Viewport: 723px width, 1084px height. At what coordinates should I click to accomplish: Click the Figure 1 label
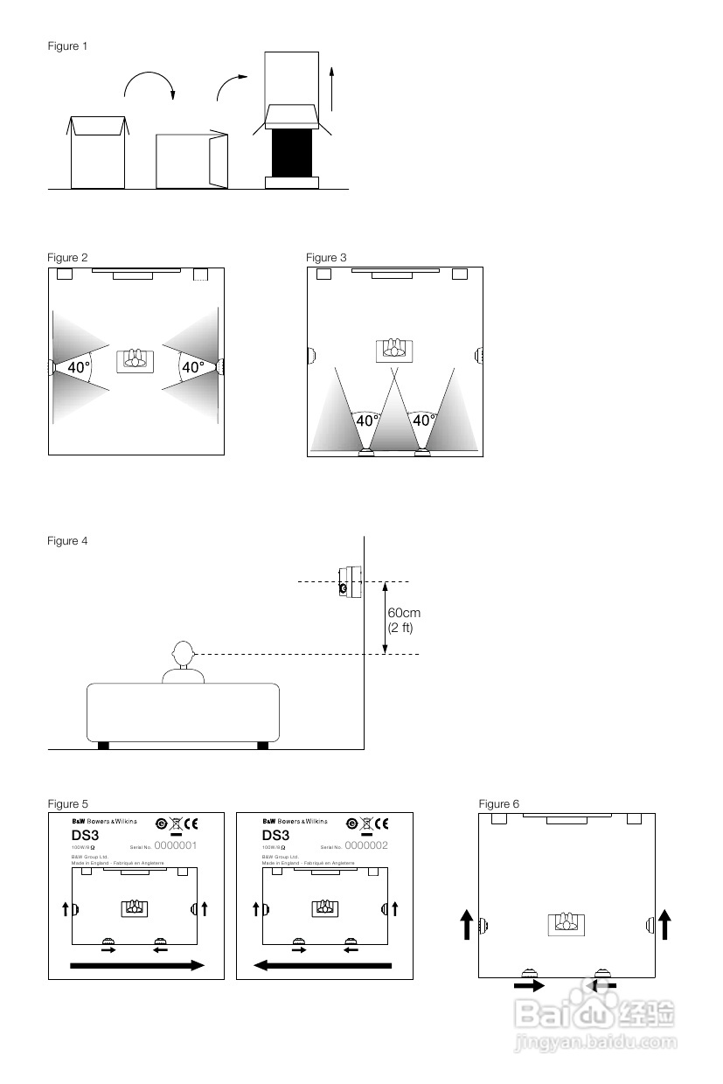tap(67, 46)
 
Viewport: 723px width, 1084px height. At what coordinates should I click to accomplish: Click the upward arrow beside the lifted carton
tap(332, 87)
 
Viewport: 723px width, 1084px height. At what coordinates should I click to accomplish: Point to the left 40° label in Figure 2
tap(79, 368)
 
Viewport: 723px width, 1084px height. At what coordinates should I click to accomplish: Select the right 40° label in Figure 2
tap(192, 368)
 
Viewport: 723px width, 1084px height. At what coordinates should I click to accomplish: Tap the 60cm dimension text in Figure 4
tap(404, 614)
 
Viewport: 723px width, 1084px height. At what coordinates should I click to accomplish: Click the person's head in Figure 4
tap(183, 652)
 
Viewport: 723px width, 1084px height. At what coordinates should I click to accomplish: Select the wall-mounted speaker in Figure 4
tap(350, 580)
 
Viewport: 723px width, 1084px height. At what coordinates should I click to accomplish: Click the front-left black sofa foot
tap(103, 745)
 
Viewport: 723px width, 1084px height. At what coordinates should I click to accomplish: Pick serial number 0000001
tap(175, 845)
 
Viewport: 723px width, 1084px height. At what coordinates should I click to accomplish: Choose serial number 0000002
tap(366, 845)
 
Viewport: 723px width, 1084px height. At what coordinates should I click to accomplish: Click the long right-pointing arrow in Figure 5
tap(136, 965)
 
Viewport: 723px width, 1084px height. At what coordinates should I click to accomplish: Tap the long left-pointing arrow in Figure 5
tap(323, 965)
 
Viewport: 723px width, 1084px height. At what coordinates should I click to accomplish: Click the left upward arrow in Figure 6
tap(467, 924)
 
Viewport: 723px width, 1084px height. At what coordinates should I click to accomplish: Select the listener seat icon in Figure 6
tap(566, 922)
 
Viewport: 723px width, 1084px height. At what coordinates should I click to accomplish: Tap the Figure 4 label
tap(67, 541)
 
